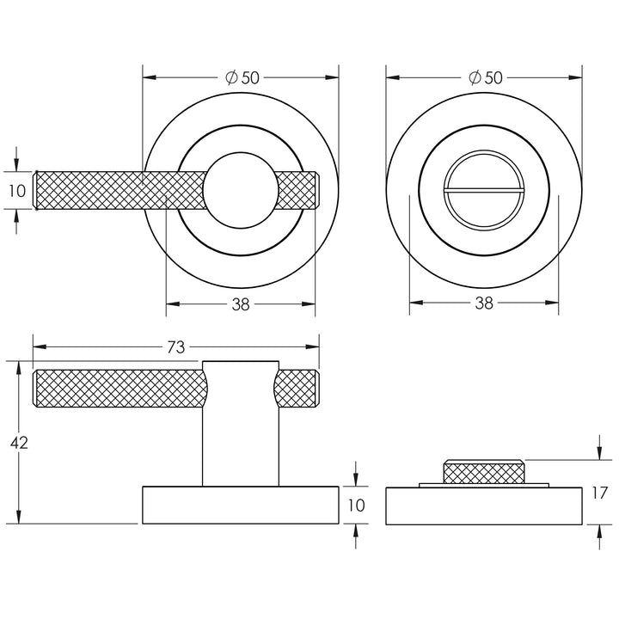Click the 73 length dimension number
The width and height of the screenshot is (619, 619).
pos(175,347)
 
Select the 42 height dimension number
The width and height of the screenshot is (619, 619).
pos(19,443)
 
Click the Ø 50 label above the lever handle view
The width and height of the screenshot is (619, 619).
pos(242,77)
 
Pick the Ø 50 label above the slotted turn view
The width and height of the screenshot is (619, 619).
pos(485,77)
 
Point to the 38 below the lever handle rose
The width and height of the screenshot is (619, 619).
pos(241,303)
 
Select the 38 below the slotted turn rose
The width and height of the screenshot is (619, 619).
pos(484,303)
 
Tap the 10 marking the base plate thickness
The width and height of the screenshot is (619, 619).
pos(356,506)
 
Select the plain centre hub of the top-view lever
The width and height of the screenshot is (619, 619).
pos(241,190)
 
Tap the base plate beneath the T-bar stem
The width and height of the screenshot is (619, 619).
pos(241,506)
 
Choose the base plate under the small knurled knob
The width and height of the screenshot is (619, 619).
pos(484,506)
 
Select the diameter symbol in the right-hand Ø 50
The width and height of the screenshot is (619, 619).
pos(475,77)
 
